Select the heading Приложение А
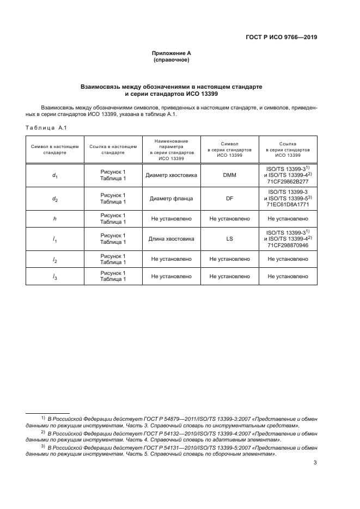point(171,53)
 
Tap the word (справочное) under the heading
point(171,60)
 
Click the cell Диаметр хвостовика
point(171,176)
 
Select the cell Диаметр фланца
point(171,199)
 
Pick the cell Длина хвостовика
point(171,238)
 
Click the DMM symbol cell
point(229,176)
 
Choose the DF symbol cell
point(229,199)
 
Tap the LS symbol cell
point(229,238)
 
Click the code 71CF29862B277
point(288,182)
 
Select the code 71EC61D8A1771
point(288,205)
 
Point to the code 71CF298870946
point(288,245)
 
